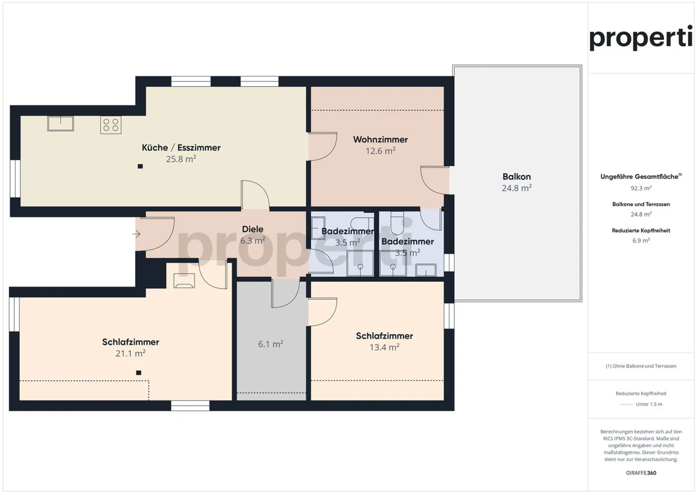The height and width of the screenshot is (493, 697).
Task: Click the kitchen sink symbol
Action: point(61,123)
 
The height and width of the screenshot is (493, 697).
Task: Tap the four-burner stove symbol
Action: point(111,125)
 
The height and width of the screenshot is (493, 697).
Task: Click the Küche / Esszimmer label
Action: point(181,148)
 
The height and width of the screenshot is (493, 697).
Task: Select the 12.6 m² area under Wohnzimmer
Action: point(380,151)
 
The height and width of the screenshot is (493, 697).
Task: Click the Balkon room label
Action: point(516,177)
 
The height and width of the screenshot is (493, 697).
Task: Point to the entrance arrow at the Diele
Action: point(136,234)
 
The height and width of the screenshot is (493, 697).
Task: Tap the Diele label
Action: point(253,229)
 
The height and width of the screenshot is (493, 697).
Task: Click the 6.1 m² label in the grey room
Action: point(271,344)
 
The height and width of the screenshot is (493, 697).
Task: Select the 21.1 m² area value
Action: point(131,354)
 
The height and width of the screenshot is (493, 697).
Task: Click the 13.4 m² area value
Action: point(384,347)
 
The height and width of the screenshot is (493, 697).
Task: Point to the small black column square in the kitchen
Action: point(140,166)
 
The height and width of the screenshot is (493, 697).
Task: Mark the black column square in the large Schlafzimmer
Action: point(139,373)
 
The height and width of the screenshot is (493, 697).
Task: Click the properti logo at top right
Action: point(641,38)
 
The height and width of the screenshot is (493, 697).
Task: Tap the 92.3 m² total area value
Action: point(641,188)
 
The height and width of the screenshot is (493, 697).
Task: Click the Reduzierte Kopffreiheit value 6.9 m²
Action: point(641,240)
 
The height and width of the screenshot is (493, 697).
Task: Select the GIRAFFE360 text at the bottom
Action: point(641,473)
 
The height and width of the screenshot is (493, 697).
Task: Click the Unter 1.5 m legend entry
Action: point(649,404)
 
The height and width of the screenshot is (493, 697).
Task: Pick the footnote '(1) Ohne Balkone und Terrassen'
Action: point(641,366)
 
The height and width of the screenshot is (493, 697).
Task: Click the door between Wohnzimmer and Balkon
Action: point(435,180)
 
